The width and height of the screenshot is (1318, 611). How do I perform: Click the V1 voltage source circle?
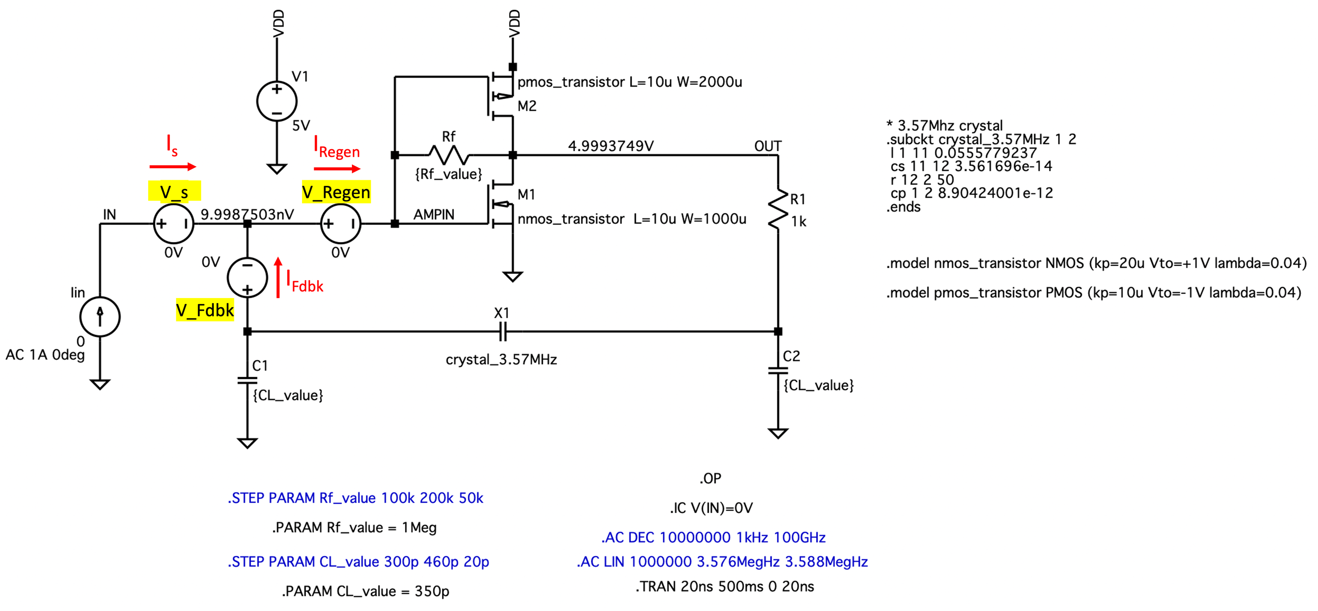(x=277, y=101)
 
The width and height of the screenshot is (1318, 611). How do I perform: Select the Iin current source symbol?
(x=100, y=317)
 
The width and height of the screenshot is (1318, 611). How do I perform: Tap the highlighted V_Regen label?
(x=336, y=193)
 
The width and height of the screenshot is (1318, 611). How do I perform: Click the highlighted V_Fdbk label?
(x=205, y=310)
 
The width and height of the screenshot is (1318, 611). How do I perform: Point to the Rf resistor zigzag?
(x=449, y=154)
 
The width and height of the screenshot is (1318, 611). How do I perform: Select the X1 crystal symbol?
(x=502, y=332)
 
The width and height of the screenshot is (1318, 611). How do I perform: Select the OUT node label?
(x=768, y=146)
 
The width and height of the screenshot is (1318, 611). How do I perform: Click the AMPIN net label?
(x=433, y=215)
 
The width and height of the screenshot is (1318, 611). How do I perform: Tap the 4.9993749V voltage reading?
(x=611, y=146)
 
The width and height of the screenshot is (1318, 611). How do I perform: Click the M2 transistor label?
(x=527, y=106)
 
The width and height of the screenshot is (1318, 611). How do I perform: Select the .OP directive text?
(x=710, y=479)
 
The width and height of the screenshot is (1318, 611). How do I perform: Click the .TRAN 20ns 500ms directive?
(x=724, y=586)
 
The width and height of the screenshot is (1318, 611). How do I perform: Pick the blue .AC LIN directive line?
(x=722, y=562)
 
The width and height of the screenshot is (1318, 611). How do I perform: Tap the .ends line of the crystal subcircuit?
(x=903, y=207)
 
